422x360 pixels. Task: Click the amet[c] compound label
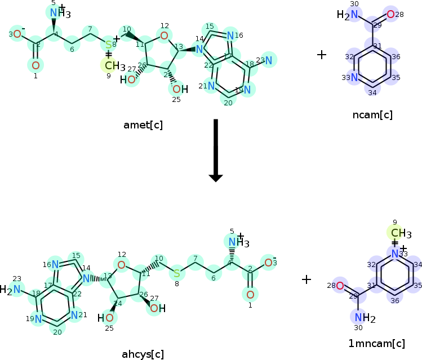[143, 125]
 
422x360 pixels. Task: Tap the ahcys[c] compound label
[143, 354]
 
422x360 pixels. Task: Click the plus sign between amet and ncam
[322, 55]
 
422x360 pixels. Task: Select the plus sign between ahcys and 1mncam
[306, 279]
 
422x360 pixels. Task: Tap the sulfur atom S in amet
[109, 45]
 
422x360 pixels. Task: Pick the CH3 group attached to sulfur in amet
[114, 66]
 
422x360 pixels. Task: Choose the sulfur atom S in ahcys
[177, 273]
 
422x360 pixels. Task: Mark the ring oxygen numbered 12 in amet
[164, 37]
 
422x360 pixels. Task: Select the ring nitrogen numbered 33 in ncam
[354, 78]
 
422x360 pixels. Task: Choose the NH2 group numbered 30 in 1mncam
[364, 318]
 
